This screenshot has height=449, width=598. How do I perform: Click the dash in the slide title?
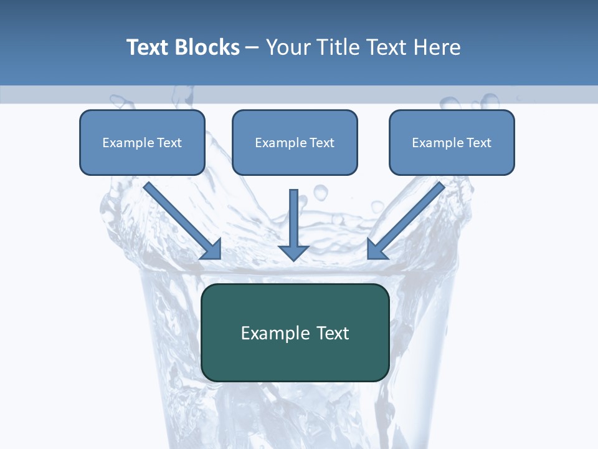tap(252, 48)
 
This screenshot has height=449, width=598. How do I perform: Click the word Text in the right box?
tap(478, 143)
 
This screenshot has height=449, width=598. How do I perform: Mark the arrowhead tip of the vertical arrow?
tap(294, 259)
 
